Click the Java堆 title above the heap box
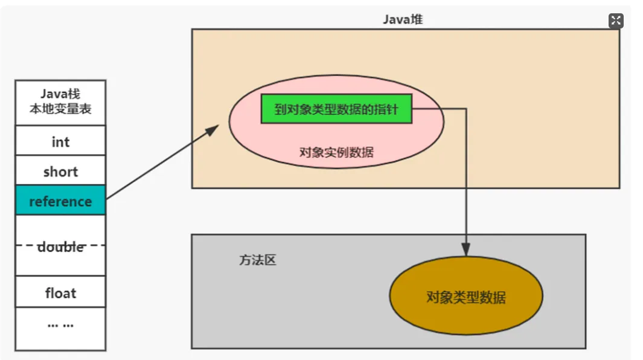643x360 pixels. coord(403,19)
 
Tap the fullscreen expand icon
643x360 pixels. coord(615,21)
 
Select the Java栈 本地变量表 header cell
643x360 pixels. coord(60,102)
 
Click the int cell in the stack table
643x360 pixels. coord(60,142)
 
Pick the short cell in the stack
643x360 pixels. coord(60,172)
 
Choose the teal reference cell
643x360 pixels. coord(60,201)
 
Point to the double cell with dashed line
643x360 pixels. coord(60,246)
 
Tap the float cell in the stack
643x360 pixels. coord(60,293)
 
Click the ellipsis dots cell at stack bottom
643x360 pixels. coord(60,324)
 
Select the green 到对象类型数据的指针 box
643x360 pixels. coord(336,109)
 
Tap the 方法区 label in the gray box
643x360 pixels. coord(257,261)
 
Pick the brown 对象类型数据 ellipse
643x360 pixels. coord(466,297)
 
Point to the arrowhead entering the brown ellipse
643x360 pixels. coord(465,249)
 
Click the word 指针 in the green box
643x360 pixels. coord(397,109)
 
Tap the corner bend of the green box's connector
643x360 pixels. coord(465,109)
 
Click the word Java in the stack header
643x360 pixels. coord(53,94)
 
